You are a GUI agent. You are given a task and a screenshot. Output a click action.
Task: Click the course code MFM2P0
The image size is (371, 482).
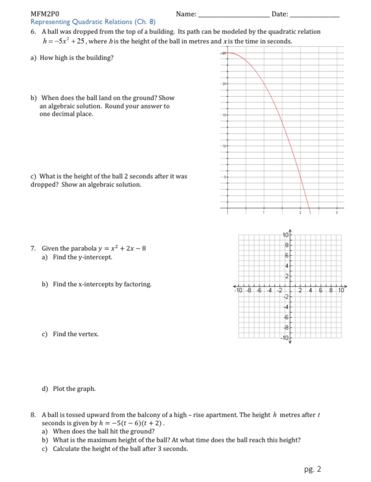42,15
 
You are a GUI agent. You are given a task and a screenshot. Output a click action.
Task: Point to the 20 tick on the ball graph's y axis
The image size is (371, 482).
224,84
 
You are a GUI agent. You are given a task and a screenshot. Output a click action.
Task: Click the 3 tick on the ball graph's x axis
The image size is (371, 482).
337,213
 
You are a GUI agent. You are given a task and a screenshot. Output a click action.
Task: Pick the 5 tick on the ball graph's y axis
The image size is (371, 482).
224,178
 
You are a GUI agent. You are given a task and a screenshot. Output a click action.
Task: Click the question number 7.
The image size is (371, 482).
32,249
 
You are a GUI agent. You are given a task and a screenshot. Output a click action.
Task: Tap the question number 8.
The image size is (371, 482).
32,415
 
